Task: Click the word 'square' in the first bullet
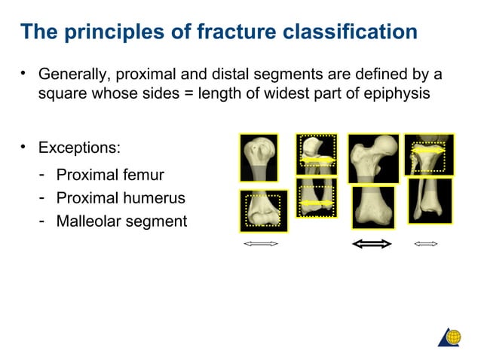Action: tap(62, 93)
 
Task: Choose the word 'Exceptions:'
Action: tap(79, 145)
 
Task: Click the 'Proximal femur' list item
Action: tap(110, 175)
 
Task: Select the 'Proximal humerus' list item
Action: tap(121, 198)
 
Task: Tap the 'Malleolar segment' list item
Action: tap(121, 221)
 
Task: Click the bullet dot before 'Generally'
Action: tap(23, 75)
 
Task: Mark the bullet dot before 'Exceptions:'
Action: tap(23, 145)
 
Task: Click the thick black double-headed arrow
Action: tap(372, 243)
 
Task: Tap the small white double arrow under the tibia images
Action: tap(426, 243)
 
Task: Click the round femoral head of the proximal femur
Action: tap(385, 145)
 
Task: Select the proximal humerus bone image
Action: tap(259, 157)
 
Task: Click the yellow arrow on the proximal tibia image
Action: tap(427, 151)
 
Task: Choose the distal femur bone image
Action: tap(372, 206)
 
